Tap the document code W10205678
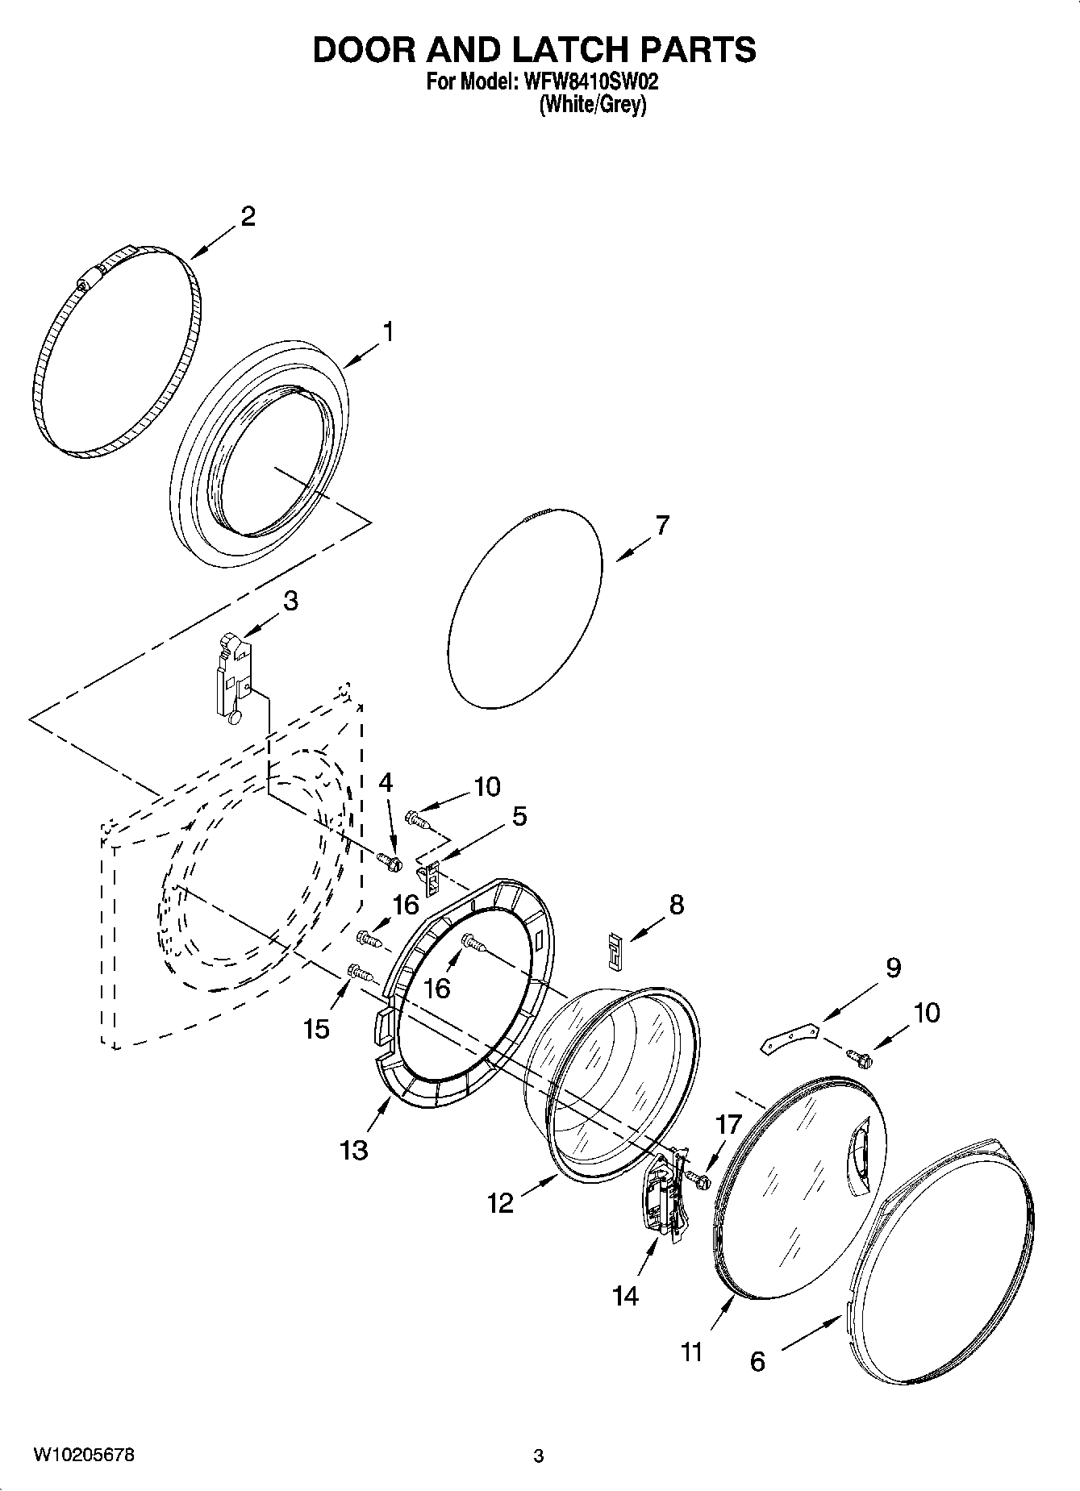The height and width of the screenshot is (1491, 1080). coord(83,1455)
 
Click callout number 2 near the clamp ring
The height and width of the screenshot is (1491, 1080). coord(248,215)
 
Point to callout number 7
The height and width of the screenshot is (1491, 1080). coord(661,525)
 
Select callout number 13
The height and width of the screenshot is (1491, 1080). coord(354,1149)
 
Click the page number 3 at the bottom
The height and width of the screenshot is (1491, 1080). coord(539,1456)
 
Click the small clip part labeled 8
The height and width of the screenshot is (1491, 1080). coord(615,950)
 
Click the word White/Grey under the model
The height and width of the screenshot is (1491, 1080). coord(593,105)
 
